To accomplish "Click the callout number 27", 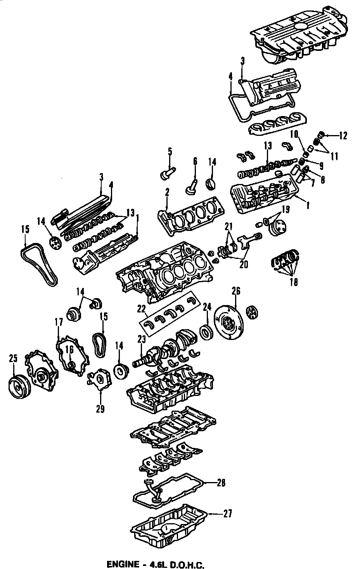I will (x=227, y=514).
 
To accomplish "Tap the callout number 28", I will (x=221, y=483).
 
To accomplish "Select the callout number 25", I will (x=13, y=358).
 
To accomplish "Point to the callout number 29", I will (x=100, y=409).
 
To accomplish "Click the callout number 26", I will (x=236, y=290).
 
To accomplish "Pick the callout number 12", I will (x=343, y=136).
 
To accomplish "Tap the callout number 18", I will (x=294, y=282).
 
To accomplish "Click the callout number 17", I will (x=58, y=322).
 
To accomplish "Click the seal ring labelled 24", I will (x=207, y=333).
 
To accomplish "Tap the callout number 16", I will (x=69, y=350).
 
